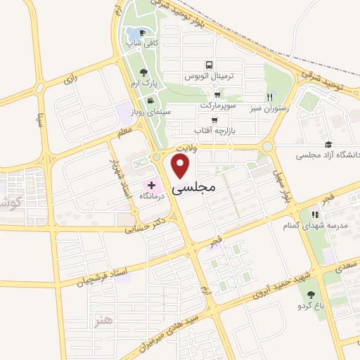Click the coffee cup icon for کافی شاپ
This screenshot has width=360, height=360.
(143, 33)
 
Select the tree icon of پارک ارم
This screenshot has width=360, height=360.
(143, 72)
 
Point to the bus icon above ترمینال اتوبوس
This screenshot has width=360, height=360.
(208, 64)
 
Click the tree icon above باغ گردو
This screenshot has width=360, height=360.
(311, 294)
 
